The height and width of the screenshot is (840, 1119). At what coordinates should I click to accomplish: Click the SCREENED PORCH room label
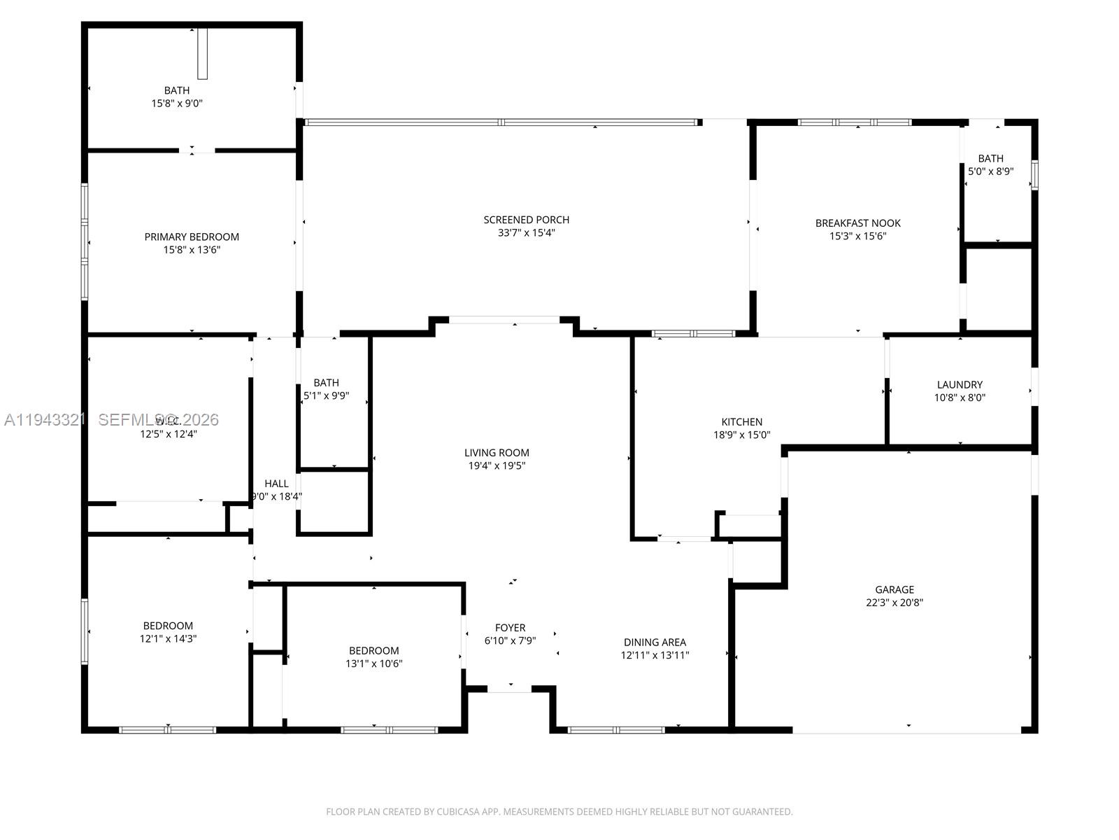pos(526,220)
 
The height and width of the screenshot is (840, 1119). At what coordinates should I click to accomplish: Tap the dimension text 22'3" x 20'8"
pos(895,603)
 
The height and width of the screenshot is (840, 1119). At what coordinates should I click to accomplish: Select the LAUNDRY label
pos(960,384)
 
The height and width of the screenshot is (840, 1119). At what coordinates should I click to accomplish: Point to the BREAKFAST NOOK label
pos(857,223)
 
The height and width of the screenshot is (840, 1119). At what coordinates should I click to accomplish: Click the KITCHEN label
pos(741,421)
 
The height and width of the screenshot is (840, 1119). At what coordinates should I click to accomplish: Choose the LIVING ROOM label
pos(497,453)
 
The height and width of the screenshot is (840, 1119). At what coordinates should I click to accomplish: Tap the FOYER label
pos(510,628)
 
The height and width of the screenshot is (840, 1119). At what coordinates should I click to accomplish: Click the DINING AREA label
pos(655,642)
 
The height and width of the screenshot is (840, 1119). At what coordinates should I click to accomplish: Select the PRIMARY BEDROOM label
pos(192,237)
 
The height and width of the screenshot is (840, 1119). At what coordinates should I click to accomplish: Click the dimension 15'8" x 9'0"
pos(177,104)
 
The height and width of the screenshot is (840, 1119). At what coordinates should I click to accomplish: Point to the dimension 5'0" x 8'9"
pos(990,171)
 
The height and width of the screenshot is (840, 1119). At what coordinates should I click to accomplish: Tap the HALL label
pos(276,484)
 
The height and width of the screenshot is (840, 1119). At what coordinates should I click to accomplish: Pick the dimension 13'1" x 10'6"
pos(374,664)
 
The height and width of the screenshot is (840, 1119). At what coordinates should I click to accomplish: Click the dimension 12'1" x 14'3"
pos(168,639)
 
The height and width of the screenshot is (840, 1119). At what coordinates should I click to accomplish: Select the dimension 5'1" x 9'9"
pos(326,395)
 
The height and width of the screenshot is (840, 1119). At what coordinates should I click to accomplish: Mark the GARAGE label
pos(894,589)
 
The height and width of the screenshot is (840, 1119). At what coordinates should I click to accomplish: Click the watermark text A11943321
pos(45,420)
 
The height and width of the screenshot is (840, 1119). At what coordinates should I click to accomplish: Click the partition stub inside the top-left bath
pos(203,53)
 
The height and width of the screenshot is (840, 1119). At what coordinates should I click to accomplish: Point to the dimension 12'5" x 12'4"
pos(169,434)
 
